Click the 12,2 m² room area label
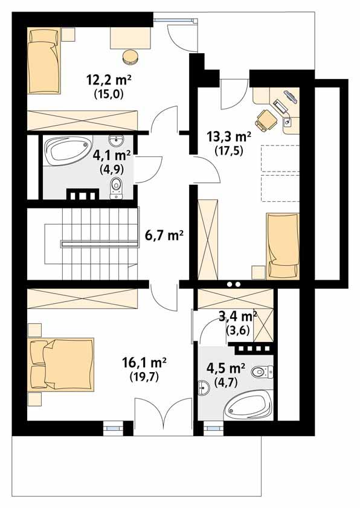109,79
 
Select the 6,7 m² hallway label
164,235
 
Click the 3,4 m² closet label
237,315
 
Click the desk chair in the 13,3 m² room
265,120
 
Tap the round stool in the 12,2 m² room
130,57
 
